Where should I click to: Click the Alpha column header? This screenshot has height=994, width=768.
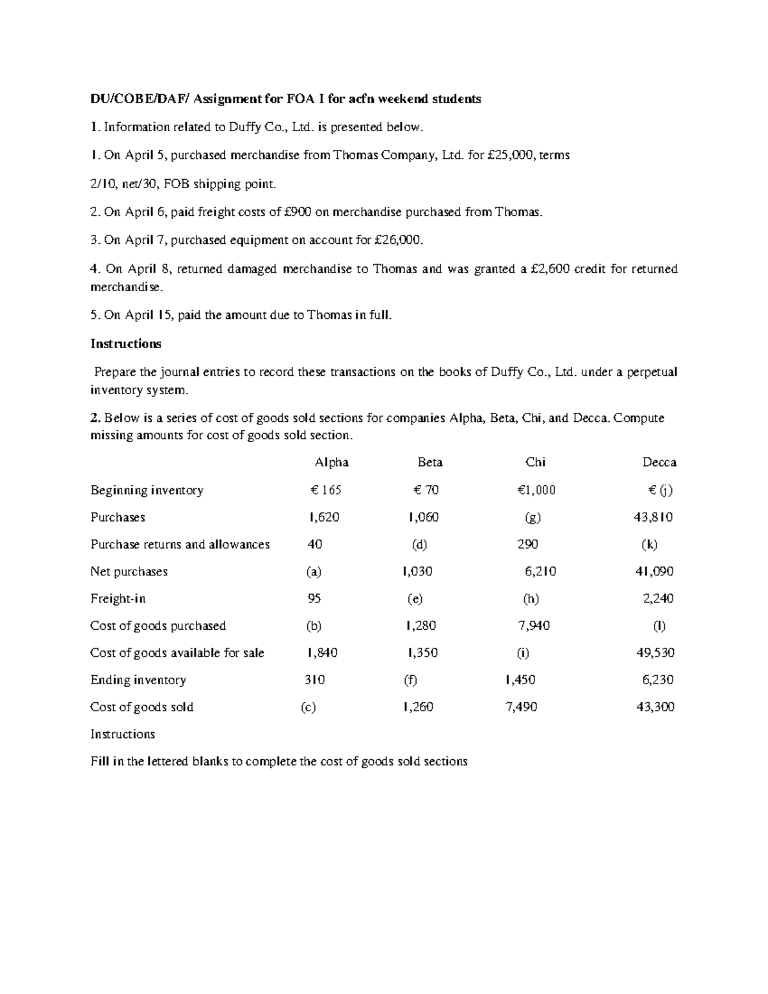331,462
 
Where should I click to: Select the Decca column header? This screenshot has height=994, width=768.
659,462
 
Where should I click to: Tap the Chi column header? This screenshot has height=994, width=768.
535,462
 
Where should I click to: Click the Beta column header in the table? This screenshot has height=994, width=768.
430,462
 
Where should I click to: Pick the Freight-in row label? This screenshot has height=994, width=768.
118,599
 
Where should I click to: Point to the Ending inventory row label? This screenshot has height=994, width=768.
138,680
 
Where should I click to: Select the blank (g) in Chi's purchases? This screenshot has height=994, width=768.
532,517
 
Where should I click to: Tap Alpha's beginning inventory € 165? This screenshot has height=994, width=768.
325,490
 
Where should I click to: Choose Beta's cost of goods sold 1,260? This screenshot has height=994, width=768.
418,707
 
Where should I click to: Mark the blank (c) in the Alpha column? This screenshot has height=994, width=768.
308,707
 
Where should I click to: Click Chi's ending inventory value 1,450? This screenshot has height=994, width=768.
520,680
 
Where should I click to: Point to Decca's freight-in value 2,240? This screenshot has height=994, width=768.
658,599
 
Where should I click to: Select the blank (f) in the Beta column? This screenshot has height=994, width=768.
410,680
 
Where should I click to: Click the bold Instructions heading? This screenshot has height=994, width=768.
125,344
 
